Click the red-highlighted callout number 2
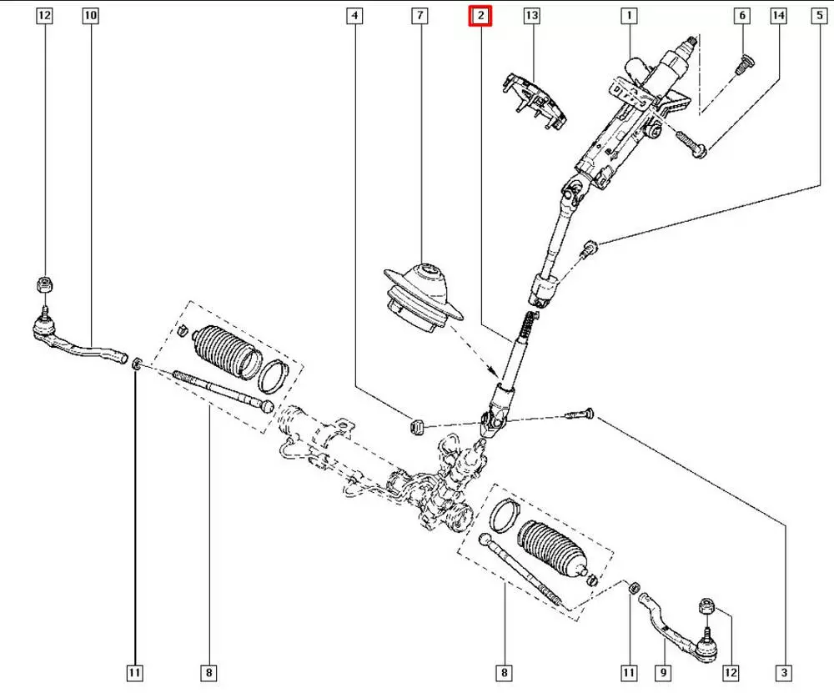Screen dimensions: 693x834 (x=480, y=16)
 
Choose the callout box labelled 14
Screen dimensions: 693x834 (x=779, y=16)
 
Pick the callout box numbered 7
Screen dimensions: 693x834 (x=419, y=16)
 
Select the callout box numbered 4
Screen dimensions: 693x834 (x=355, y=16)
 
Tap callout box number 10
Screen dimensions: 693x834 (x=90, y=16)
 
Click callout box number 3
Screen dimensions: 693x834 (x=783, y=672)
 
